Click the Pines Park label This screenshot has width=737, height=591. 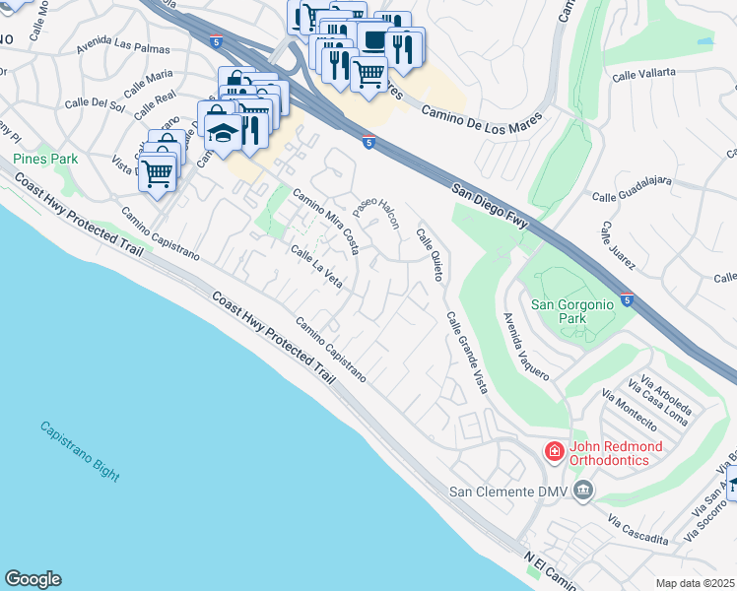click(x=45, y=159)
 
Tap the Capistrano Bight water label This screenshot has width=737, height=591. click(x=80, y=452)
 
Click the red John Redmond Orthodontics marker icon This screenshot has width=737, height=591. click(x=555, y=452)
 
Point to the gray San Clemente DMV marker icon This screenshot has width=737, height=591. click(x=584, y=491)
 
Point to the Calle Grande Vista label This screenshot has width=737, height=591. click(x=466, y=354)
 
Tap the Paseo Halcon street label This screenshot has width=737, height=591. click(x=377, y=210)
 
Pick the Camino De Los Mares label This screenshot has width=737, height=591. click(x=477, y=120)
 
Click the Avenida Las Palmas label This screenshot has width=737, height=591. click(x=125, y=49)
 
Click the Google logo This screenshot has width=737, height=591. click(x=33, y=579)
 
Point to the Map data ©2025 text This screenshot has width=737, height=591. click(x=694, y=583)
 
